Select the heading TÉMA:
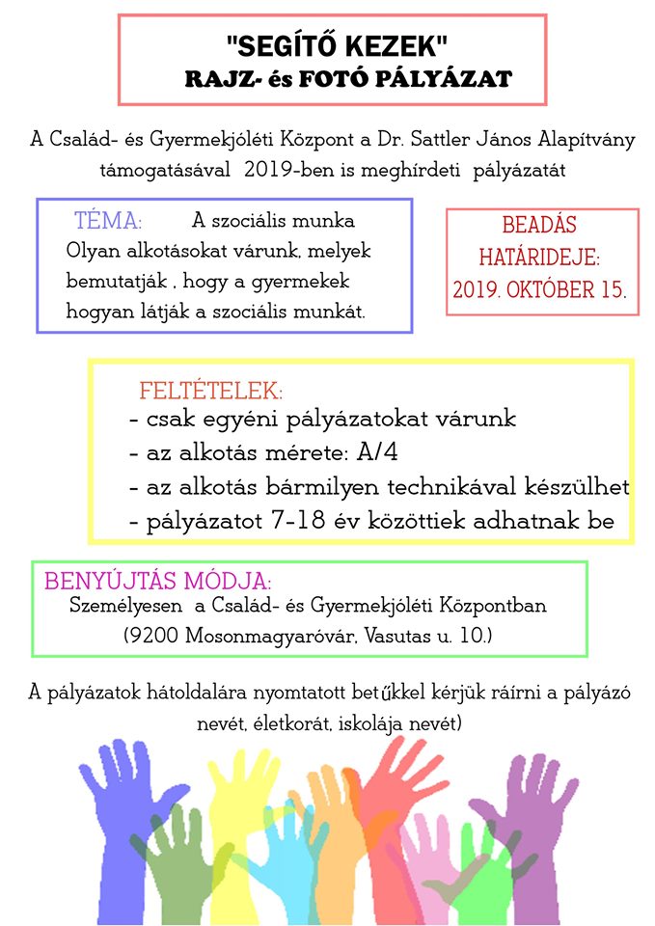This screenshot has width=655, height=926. [108, 221]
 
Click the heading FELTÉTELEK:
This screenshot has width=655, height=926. [211, 392]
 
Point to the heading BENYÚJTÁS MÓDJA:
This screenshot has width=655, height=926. [158, 583]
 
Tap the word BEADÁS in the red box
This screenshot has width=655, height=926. [539, 227]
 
